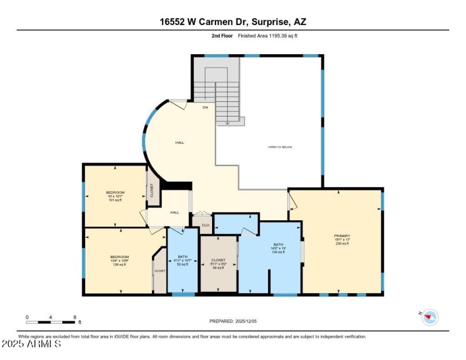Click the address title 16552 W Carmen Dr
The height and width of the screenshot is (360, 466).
tap(233, 22)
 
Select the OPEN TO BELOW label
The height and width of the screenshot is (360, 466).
tap(280, 147)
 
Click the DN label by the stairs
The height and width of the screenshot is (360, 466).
tap(205, 108)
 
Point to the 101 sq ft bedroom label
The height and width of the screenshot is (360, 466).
tap(115, 196)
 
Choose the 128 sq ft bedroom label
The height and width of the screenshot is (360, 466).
tap(119, 260)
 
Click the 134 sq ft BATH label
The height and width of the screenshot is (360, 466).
tap(278, 248)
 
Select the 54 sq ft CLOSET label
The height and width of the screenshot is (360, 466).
tap(218, 264)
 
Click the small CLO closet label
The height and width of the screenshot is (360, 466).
tap(205, 225)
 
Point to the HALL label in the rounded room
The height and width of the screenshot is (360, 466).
tap(180, 142)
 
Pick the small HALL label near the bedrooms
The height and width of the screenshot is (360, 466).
tap(174, 213)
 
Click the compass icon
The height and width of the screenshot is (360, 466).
tap(430, 317)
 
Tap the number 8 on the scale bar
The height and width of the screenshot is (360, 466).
tap(75, 317)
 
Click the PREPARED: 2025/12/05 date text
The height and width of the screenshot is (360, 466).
tap(232, 321)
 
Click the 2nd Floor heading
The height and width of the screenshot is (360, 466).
tap(223, 36)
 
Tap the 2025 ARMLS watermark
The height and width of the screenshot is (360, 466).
tap(31, 344)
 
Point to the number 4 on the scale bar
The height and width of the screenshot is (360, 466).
tap(51, 317)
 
